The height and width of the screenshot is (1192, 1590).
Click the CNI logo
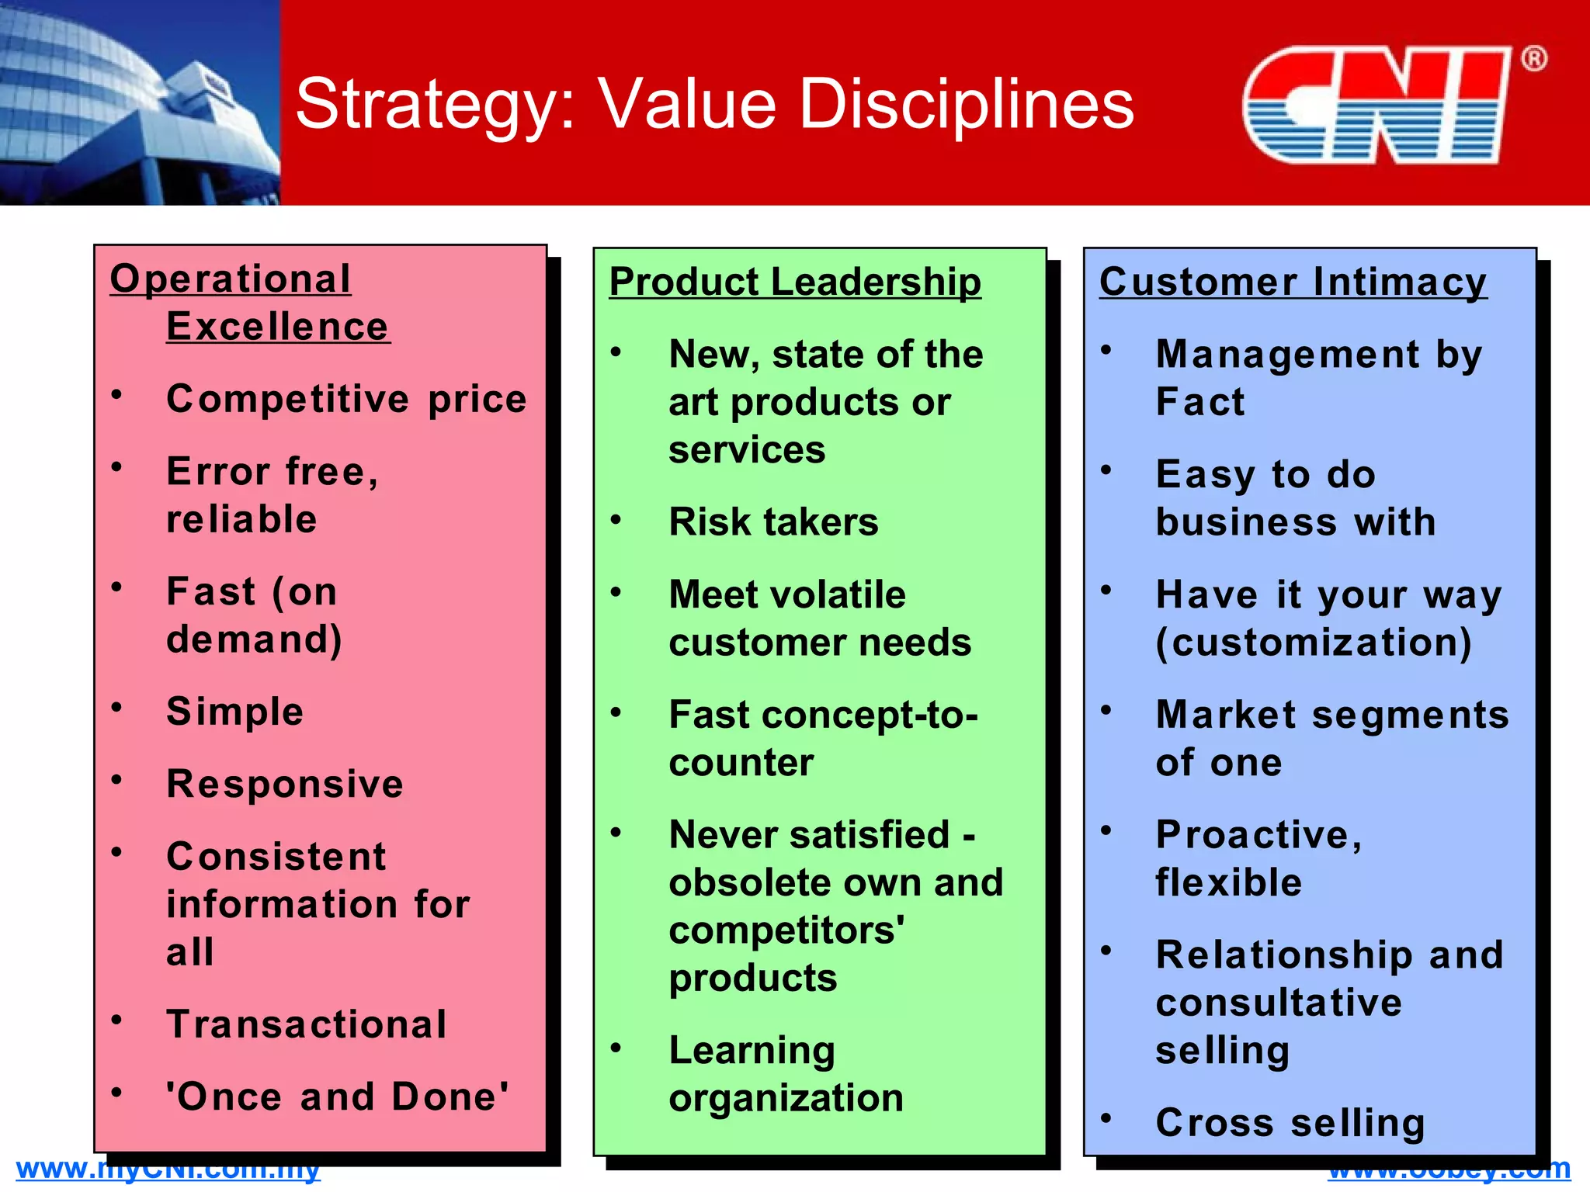point(1376,105)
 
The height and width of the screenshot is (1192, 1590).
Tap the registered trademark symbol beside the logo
point(1533,59)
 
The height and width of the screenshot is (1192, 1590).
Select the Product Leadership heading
point(795,282)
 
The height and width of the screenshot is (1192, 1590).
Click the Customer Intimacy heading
point(1293,282)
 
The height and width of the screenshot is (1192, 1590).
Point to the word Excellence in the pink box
point(277,327)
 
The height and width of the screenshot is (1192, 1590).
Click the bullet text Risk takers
point(773,522)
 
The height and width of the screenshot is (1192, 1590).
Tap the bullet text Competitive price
point(346,400)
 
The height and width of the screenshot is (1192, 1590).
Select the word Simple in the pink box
point(234,712)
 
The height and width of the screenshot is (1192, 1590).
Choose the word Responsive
point(285,784)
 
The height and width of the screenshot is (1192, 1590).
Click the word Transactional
point(307,1024)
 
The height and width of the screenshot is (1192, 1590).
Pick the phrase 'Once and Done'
point(338,1097)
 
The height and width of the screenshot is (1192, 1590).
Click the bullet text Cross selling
point(1290,1123)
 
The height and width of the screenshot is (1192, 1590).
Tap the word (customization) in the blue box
point(1314,643)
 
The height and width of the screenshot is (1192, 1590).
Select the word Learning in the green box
point(752,1051)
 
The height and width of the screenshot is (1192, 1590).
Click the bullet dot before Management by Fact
point(1106,350)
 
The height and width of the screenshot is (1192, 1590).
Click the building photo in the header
point(140,102)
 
